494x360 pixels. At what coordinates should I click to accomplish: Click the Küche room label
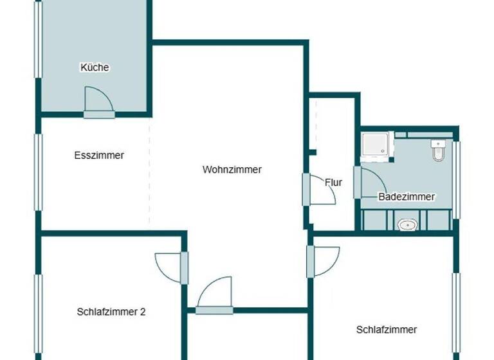pyautogui.click(x=95, y=67)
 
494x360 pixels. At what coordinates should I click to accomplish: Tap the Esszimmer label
pyautogui.click(x=99, y=155)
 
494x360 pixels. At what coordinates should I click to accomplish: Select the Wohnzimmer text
pyautogui.click(x=232, y=170)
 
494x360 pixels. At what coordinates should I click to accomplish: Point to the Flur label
pyautogui.click(x=333, y=183)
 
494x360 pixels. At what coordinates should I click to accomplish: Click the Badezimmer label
pyautogui.click(x=407, y=197)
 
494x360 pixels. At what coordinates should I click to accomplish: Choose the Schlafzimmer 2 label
pyautogui.click(x=111, y=312)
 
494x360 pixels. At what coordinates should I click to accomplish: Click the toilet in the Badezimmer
pyautogui.click(x=439, y=150)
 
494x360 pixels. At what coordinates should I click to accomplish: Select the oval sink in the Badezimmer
pyautogui.click(x=407, y=224)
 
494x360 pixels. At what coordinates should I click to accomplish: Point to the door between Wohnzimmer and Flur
pyautogui.click(x=320, y=190)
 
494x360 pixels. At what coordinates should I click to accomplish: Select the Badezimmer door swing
pyautogui.click(x=371, y=183)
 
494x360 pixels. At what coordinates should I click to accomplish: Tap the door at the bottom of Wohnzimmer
pyautogui.click(x=215, y=294)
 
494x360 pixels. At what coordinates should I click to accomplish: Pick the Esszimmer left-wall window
pyautogui.click(x=39, y=171)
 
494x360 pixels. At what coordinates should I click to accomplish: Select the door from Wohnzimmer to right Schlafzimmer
pyautogui.click(x=324, y=261)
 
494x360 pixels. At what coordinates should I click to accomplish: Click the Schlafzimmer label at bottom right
pyautogui.click(x=387, y=330)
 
